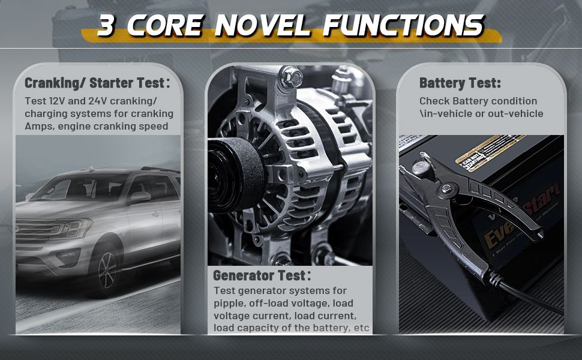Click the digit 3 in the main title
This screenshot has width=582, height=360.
[x=106, y=26]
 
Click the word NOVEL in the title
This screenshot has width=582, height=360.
[x=262, y=26]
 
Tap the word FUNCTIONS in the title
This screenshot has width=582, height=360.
[x=403, y=26]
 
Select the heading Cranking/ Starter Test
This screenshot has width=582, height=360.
[x=97, y=83]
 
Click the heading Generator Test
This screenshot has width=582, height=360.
[x=262, y=275]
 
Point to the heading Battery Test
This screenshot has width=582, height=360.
[x=460, y=83]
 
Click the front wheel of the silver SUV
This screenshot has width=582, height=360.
[x=107, y=270]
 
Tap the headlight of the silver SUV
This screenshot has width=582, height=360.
[x=76, y=227]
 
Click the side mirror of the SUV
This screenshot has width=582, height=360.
[x=139, y=197]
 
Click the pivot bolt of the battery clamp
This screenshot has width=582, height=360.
[x=446, y=188]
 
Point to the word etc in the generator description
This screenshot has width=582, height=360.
[x=362, y=328]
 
